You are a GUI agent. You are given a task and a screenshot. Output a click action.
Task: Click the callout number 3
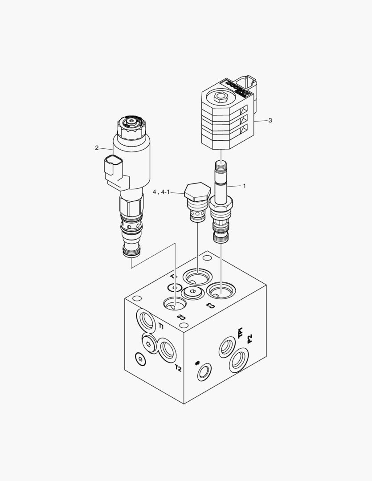270,120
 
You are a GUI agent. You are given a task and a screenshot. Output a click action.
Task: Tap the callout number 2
97,148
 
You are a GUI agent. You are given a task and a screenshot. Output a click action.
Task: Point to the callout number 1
244,186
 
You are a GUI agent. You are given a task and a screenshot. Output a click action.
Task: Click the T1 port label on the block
161,326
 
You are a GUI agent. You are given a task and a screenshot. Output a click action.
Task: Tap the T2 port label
178,368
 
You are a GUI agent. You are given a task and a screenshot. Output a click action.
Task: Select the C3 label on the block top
210,306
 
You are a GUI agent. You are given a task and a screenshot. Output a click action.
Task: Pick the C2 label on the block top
180,317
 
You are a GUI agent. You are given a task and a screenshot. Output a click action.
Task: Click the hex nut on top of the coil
221,96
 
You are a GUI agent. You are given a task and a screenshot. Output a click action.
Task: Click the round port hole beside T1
146,319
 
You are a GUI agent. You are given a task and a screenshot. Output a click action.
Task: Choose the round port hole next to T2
168,350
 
